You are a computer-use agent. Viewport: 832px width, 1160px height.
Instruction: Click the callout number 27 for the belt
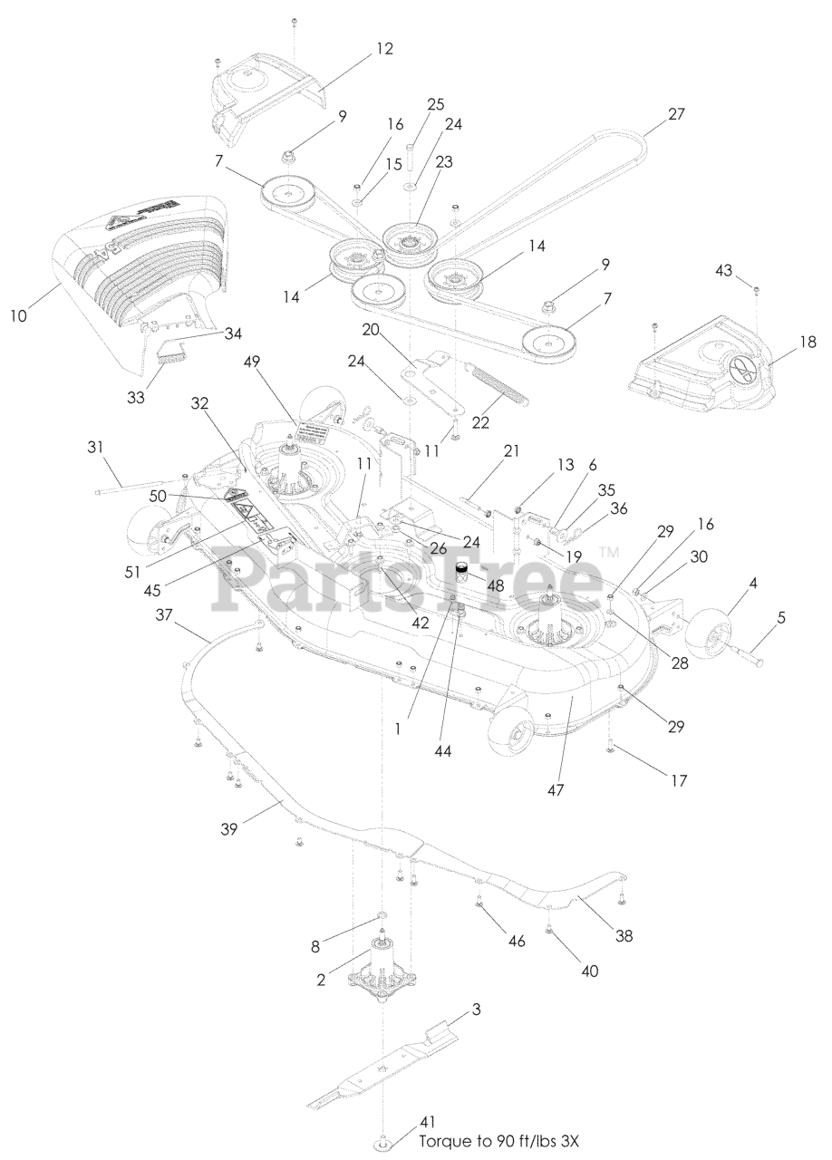coord(676,114)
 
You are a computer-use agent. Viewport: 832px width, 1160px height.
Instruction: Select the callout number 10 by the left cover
coord(19,315)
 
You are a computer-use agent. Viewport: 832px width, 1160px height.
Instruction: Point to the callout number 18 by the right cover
coord(808,342)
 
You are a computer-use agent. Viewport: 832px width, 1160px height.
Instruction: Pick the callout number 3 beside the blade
coord(477,1010)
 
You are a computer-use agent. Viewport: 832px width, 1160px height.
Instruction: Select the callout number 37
coord(165,615)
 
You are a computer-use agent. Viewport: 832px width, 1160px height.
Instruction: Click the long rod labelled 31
coord(136,485)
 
